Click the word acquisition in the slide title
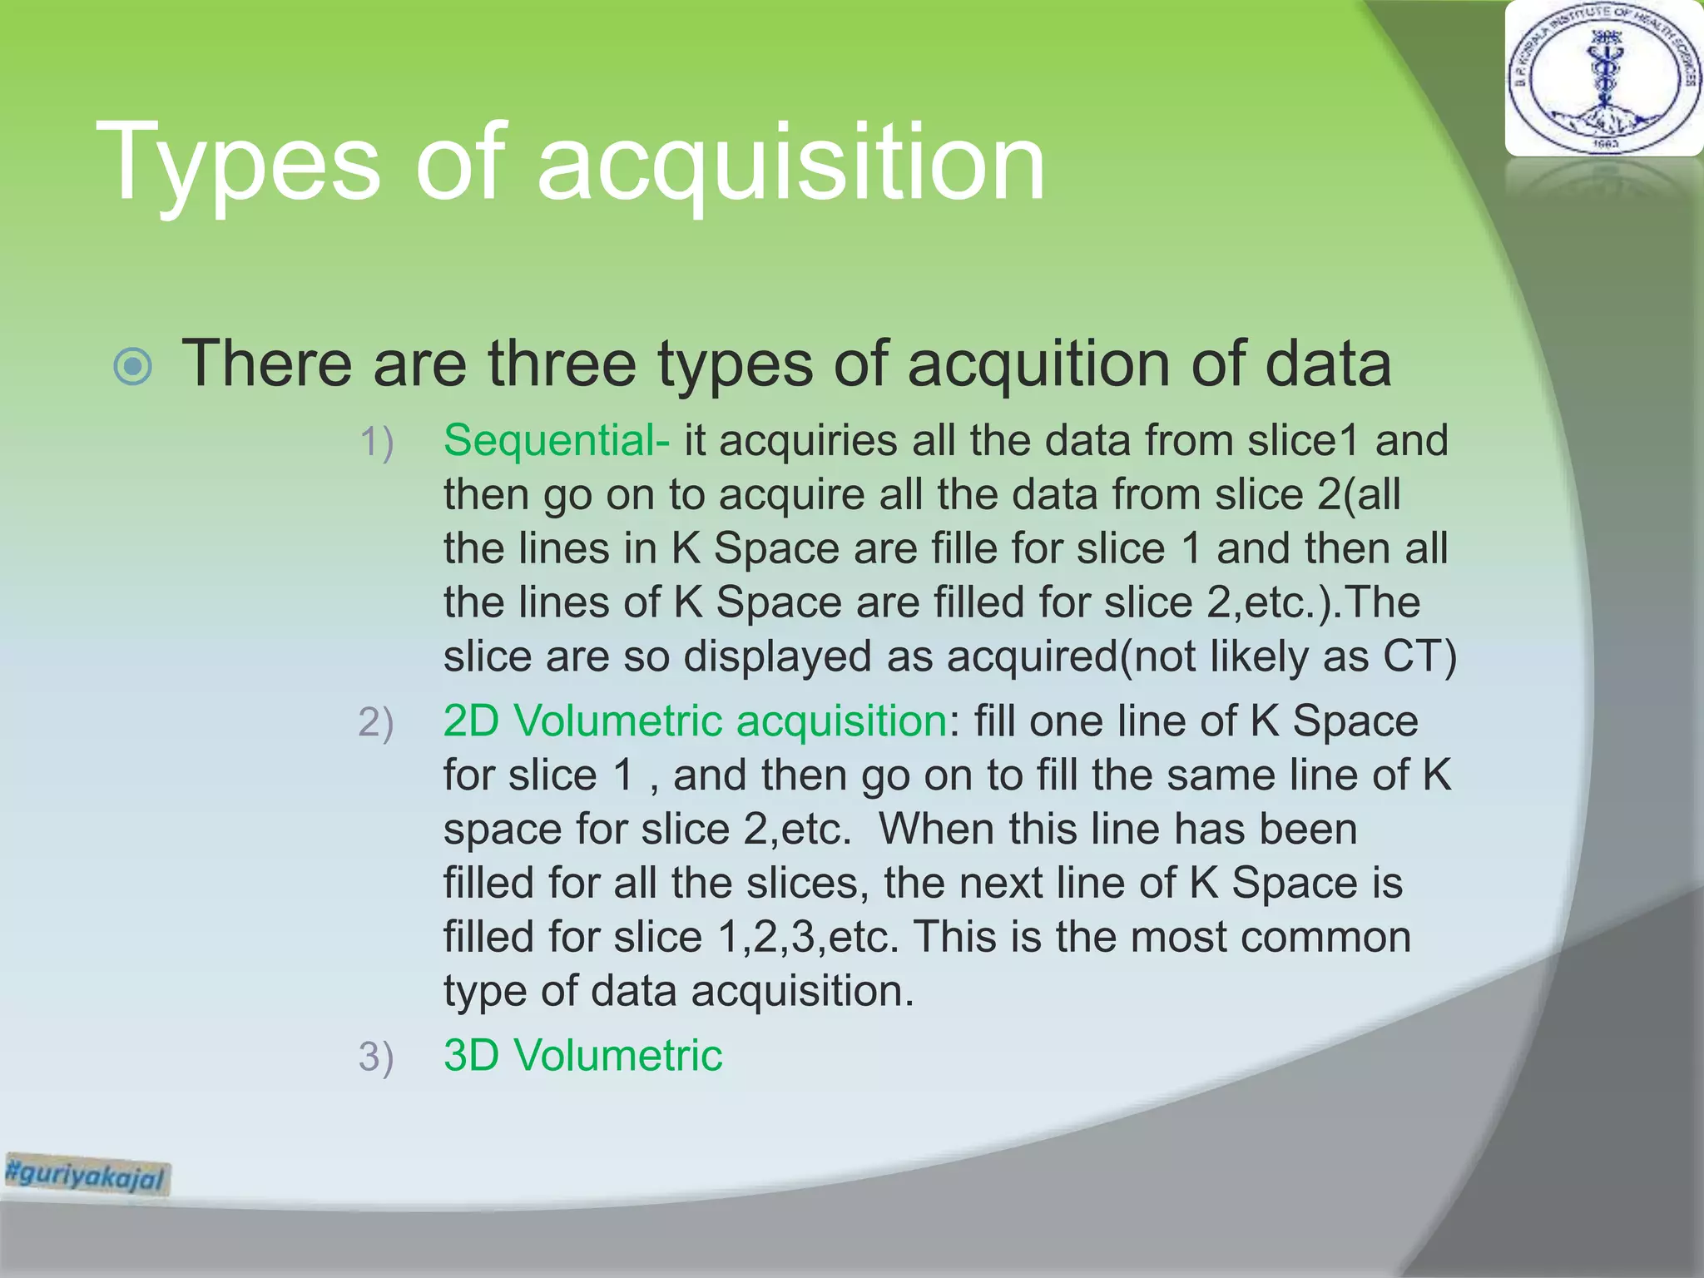coord(790,165)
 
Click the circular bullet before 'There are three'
coord(133,367)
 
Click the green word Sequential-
coord(556,440)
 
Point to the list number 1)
coord(376,442)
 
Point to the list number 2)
coord(376,722)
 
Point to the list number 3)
coord(376,1057)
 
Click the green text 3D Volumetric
coord(582,1055)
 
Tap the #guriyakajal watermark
coord(87,1175)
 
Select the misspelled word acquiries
coord(808,440)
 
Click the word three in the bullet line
coord(562,364)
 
